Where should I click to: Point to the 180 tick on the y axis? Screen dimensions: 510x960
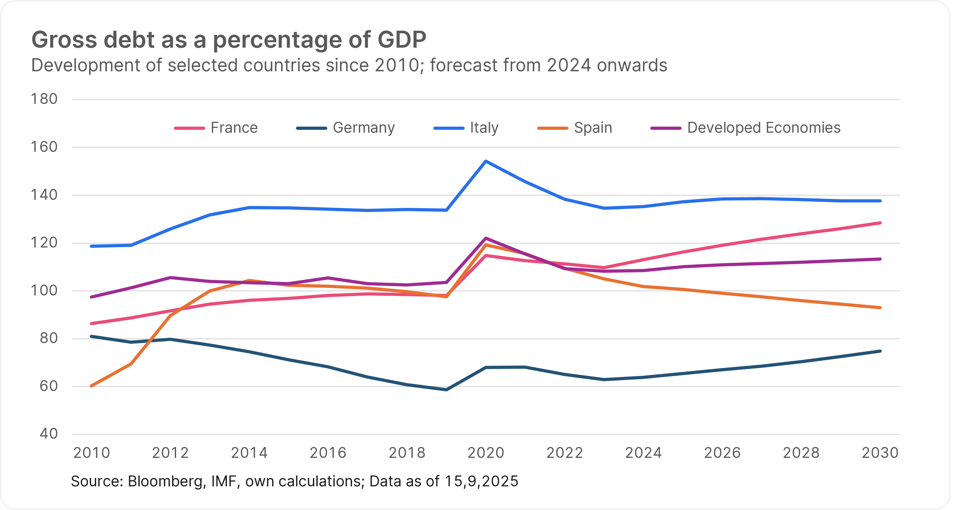pyautogui.click(x=44, y=99)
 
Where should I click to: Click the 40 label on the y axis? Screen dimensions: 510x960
pyautogui.click(x=49, y=434)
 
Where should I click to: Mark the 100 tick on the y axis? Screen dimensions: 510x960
pyautogui.click(x=44, y=290)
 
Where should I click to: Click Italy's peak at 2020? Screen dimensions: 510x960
pyautogui.click(x=486, y=161)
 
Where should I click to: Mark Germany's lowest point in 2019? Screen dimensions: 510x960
pyautogui.click(x=446, y=389)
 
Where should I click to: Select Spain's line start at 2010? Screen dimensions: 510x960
pyautogui.click(x=92, y=386)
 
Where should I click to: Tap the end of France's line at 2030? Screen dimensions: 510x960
pyautogui.click(x=880, y=223)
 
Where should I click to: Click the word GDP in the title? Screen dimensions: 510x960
pyautogui.click(x=402, y=40)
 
